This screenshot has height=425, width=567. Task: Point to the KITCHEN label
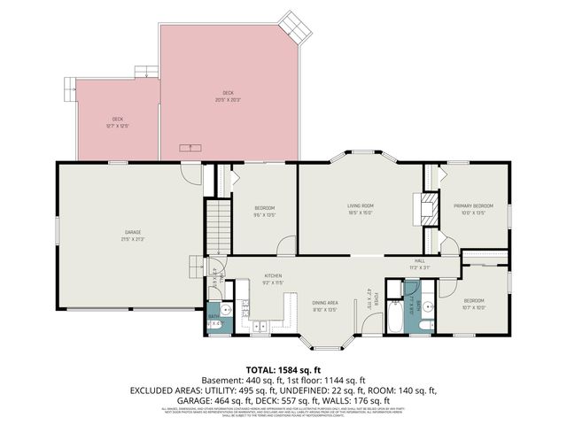click(x=273, y=275)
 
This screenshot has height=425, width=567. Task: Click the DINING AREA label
click(x=326, y=303)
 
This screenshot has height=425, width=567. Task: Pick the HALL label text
click(x=419, y=260)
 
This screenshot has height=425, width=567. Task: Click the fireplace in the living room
click(x=427, y=210)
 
